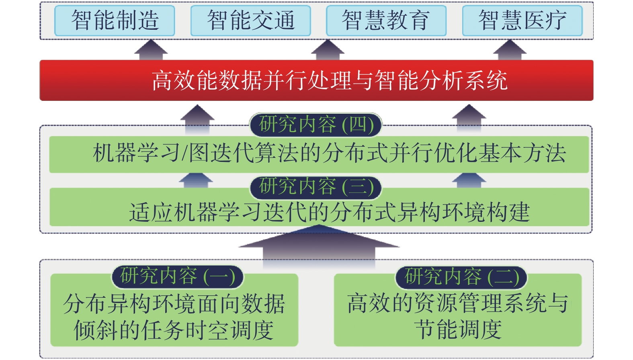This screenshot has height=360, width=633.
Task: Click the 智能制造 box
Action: (x=115, y=20)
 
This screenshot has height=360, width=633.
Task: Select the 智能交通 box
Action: (x=250, y=20)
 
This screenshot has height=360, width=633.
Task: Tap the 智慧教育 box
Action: (x=386, y=20)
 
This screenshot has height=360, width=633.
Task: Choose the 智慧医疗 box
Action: (x=522, y=20)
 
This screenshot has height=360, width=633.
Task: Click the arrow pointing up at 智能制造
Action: (x=151, y=50)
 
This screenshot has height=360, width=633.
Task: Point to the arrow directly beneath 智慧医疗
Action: (x=510, y=50)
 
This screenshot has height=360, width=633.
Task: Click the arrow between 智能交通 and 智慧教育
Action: (x=328, y=50)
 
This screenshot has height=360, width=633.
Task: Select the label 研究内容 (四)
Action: (x=316, y=125)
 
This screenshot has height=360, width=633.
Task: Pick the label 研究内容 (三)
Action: (x=316, y=187)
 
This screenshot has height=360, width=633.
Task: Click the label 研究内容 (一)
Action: (x=177, y=276)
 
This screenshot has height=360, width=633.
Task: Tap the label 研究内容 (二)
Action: (x=461, y=277)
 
